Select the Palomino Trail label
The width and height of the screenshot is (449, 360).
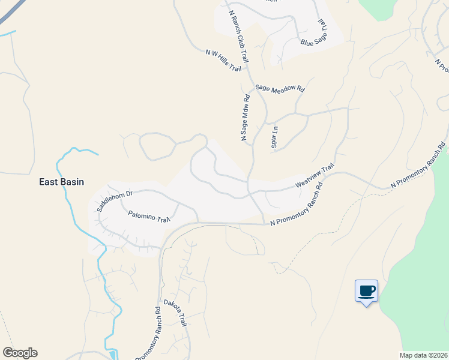click(x=149, y=216)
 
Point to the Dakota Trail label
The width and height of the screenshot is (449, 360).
click(x=175, y=313)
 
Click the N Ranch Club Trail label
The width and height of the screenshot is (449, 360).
click(x=238, y=37)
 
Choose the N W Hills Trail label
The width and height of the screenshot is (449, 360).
click(x=223, y=61)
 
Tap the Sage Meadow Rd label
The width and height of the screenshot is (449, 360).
click(x=280, y=88)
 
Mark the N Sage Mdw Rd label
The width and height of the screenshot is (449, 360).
click(x=246, y=118)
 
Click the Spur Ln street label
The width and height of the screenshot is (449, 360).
click(x=274, y=137)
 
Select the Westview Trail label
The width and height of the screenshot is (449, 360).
click(x=314, y=176)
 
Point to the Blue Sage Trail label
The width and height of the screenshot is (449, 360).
click(x=316, y=35)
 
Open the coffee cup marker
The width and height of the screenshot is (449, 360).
click(x=366, y=292)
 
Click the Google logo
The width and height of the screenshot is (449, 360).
click(x=20, y=353)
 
